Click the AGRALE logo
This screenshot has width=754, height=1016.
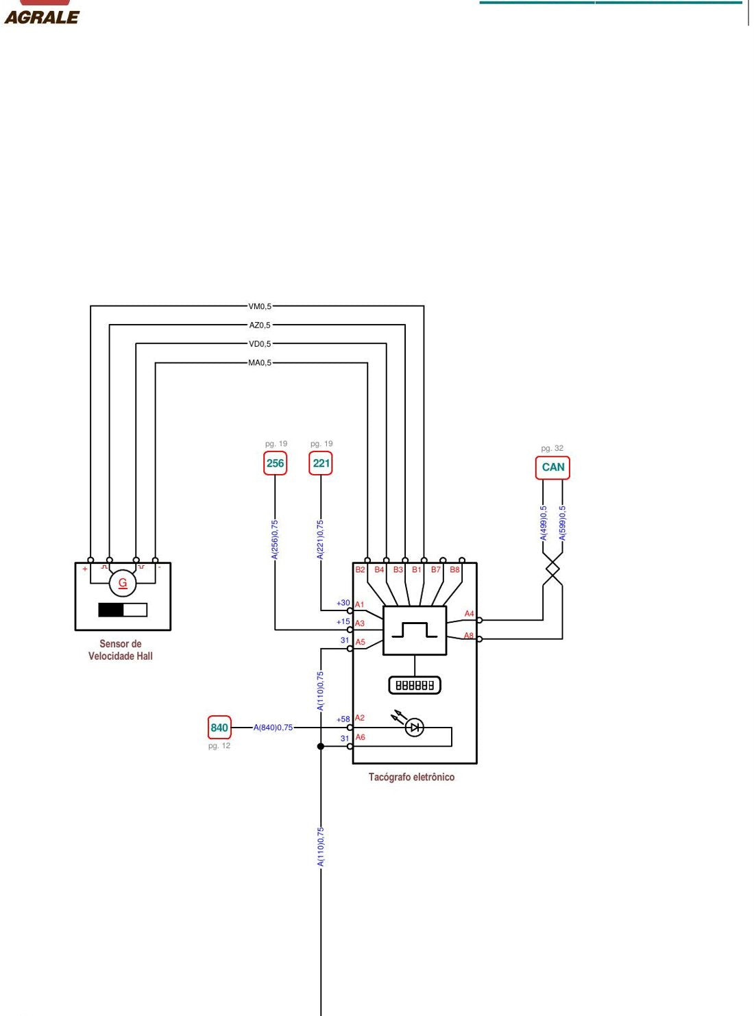pos(41,14)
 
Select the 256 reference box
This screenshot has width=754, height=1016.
pos(275,463)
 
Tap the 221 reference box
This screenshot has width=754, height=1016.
pos(321,463)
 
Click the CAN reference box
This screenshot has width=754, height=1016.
pos(552,467)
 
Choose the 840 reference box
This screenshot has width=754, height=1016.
pos(219,728)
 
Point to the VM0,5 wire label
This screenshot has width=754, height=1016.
pos(260,306)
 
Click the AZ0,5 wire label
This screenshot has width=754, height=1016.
pos(260,325)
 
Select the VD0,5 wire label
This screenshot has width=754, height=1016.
pos(260,344)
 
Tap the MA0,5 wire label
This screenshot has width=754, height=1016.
pos(260,363)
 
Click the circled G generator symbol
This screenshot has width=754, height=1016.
pos(123,583)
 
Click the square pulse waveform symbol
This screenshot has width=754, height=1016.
pos(415,630)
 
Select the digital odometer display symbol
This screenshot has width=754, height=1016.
pos(415,685)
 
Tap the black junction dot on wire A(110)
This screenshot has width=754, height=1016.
pos(321,746)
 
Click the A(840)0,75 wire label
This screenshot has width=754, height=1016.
pos(273,728)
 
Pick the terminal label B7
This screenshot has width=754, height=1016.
pos(435,569)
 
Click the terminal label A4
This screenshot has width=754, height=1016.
pos(469,613)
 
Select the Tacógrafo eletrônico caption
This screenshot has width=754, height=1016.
pos(411,777)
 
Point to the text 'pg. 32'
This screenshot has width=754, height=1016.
pos(552,448)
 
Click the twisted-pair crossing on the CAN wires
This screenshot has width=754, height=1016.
pos(552,569)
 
